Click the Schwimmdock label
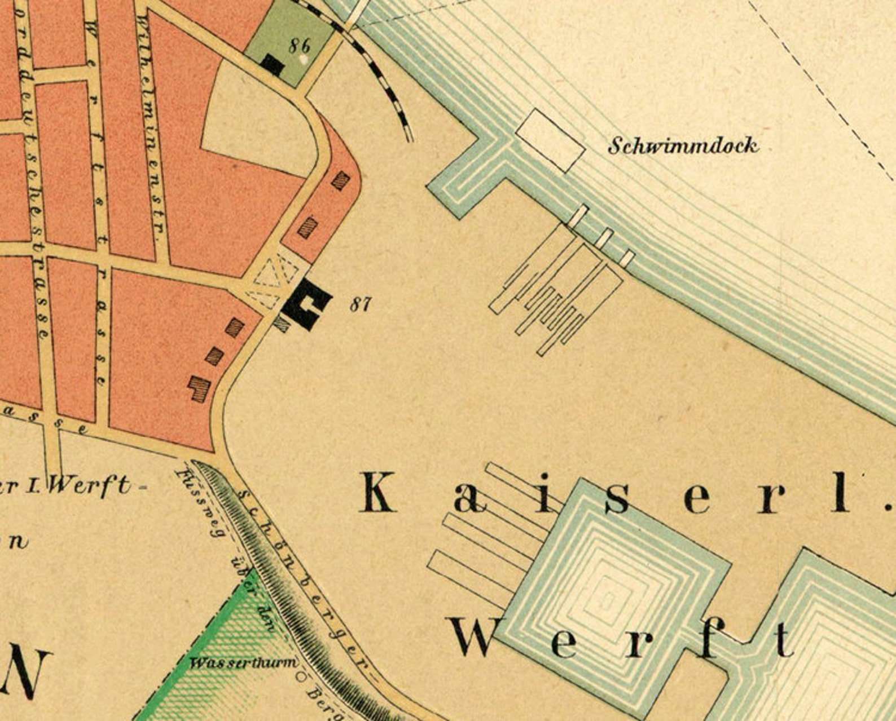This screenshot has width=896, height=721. (x=683, y=146)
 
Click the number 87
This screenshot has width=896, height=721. (x=361, y=305)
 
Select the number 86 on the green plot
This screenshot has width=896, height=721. (x=299, y=45)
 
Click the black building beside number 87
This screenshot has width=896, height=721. (x=307, y=304)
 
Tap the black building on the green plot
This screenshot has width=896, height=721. (x=273, y=64)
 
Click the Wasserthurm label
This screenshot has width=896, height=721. (x=243, y=662)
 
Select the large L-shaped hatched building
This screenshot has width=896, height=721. (x=199, y=388)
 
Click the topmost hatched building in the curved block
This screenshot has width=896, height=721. (x=340, y=180)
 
